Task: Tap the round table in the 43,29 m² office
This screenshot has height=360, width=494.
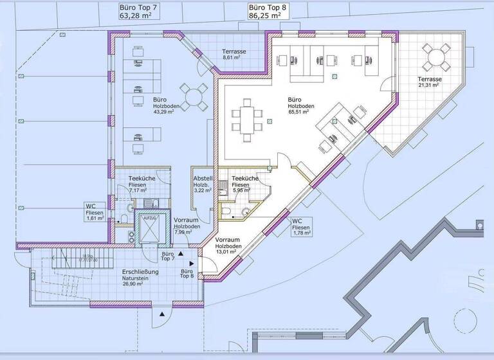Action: [194, 96]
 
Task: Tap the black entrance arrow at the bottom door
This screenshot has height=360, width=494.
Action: [163, 313]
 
